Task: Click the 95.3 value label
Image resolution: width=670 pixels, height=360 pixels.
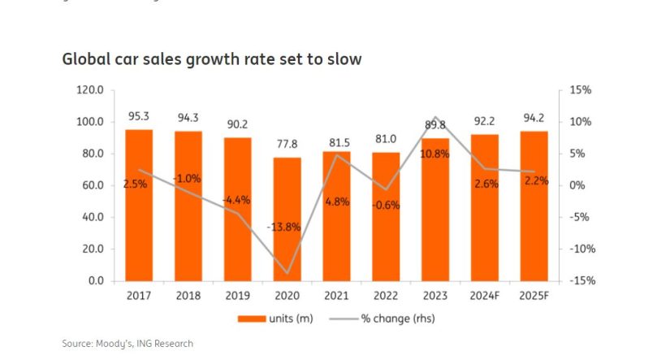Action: coord(139,117)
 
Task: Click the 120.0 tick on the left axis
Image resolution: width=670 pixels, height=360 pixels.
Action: coord(89,90)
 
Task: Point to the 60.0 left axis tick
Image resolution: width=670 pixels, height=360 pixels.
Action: coord(93,185)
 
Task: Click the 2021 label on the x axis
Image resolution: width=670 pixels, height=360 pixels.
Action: coord(336,296)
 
